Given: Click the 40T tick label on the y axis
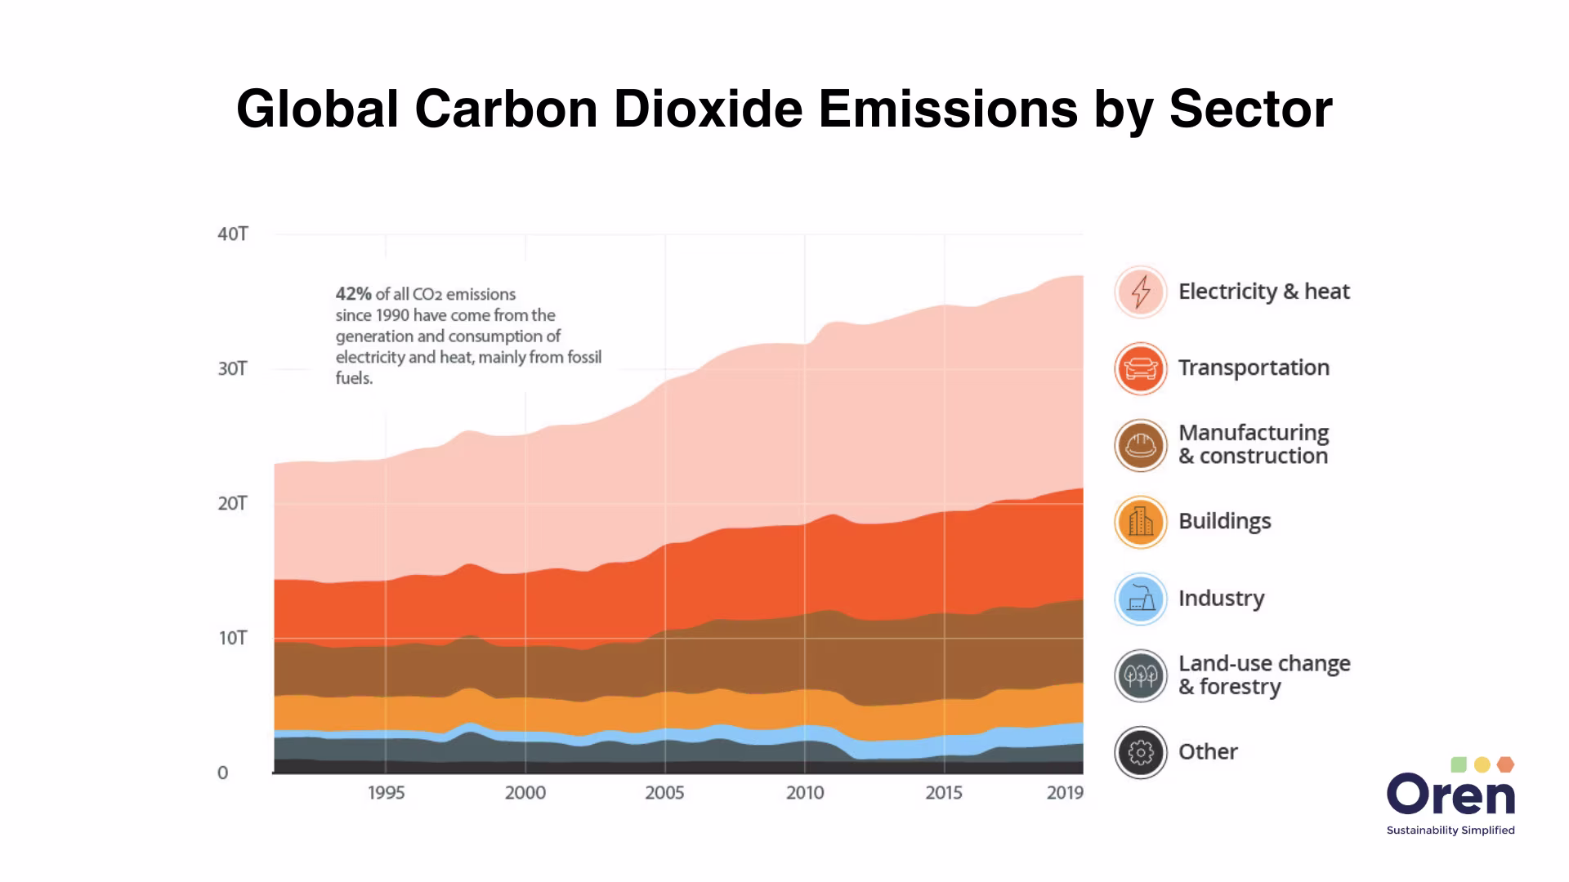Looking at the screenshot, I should (233, 234).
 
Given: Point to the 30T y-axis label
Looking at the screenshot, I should (232, 369).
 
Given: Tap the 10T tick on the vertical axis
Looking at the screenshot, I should (232, 638).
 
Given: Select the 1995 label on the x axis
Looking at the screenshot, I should (386, 793).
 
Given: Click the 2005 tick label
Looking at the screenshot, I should (664, 793).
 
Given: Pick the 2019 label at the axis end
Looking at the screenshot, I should (1065, 793).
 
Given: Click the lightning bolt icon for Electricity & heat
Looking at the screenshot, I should (1141, 292).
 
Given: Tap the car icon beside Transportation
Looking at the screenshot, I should (1141, 368).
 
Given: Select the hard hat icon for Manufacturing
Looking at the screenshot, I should (1141, 445).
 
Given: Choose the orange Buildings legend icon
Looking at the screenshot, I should (1141, 522).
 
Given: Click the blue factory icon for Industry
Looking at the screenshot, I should (1141, 599).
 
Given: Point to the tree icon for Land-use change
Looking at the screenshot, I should (1141, 675).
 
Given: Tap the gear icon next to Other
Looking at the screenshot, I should (1141, 752).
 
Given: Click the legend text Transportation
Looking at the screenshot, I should (1254, 367).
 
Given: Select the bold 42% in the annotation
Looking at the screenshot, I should (353, 294).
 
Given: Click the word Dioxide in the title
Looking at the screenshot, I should (708, 109).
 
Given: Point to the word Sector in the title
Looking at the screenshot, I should (1250, 109).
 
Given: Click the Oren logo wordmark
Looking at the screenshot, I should (1451, 795).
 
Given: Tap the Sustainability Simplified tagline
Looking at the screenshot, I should (1451, 831).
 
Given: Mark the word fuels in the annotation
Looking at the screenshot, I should (354, 378).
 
